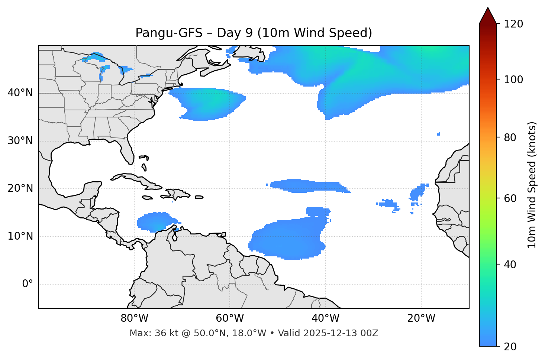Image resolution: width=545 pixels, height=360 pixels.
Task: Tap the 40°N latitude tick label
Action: [x=20, y=93]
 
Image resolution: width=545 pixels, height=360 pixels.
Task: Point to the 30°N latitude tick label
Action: [x=20, y=141]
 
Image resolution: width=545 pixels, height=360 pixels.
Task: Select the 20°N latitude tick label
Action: [x=20, y=189]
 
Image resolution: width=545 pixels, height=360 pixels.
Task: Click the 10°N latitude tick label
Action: [x=20, y=236]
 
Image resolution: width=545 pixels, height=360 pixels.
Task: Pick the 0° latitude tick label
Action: [x=27, y=284]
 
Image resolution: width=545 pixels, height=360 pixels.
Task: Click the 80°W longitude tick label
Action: [x=134, y=318]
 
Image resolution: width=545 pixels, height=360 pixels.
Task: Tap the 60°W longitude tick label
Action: [x=230, y=318]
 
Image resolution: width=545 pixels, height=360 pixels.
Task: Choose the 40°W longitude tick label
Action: [x=325, y=318]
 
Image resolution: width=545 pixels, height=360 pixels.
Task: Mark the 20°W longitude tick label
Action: [x=421, y=318]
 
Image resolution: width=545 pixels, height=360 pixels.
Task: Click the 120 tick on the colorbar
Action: [x=513, y=24]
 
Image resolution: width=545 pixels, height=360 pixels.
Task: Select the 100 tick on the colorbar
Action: [x=513, y=80]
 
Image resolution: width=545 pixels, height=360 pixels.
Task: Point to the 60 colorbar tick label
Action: [x=510, y=198]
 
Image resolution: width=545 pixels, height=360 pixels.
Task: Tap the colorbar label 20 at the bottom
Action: [x=510, y=347]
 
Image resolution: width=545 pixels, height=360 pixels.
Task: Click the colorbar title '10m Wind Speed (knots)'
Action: [x=532, y=185]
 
